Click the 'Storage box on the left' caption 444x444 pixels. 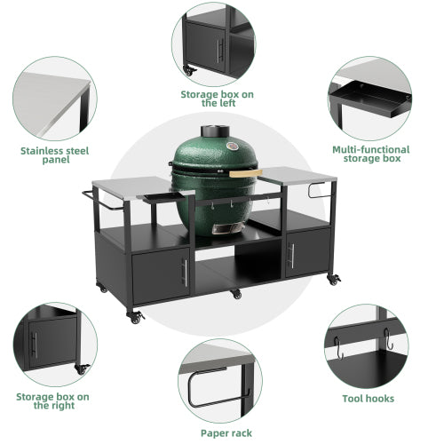pos(218,98)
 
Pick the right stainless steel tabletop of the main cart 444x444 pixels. pos(297,175)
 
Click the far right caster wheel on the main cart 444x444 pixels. pos(335,281)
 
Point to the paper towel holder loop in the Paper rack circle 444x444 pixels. pos(194,390)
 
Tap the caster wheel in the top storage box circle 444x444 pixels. pos(188,69)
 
